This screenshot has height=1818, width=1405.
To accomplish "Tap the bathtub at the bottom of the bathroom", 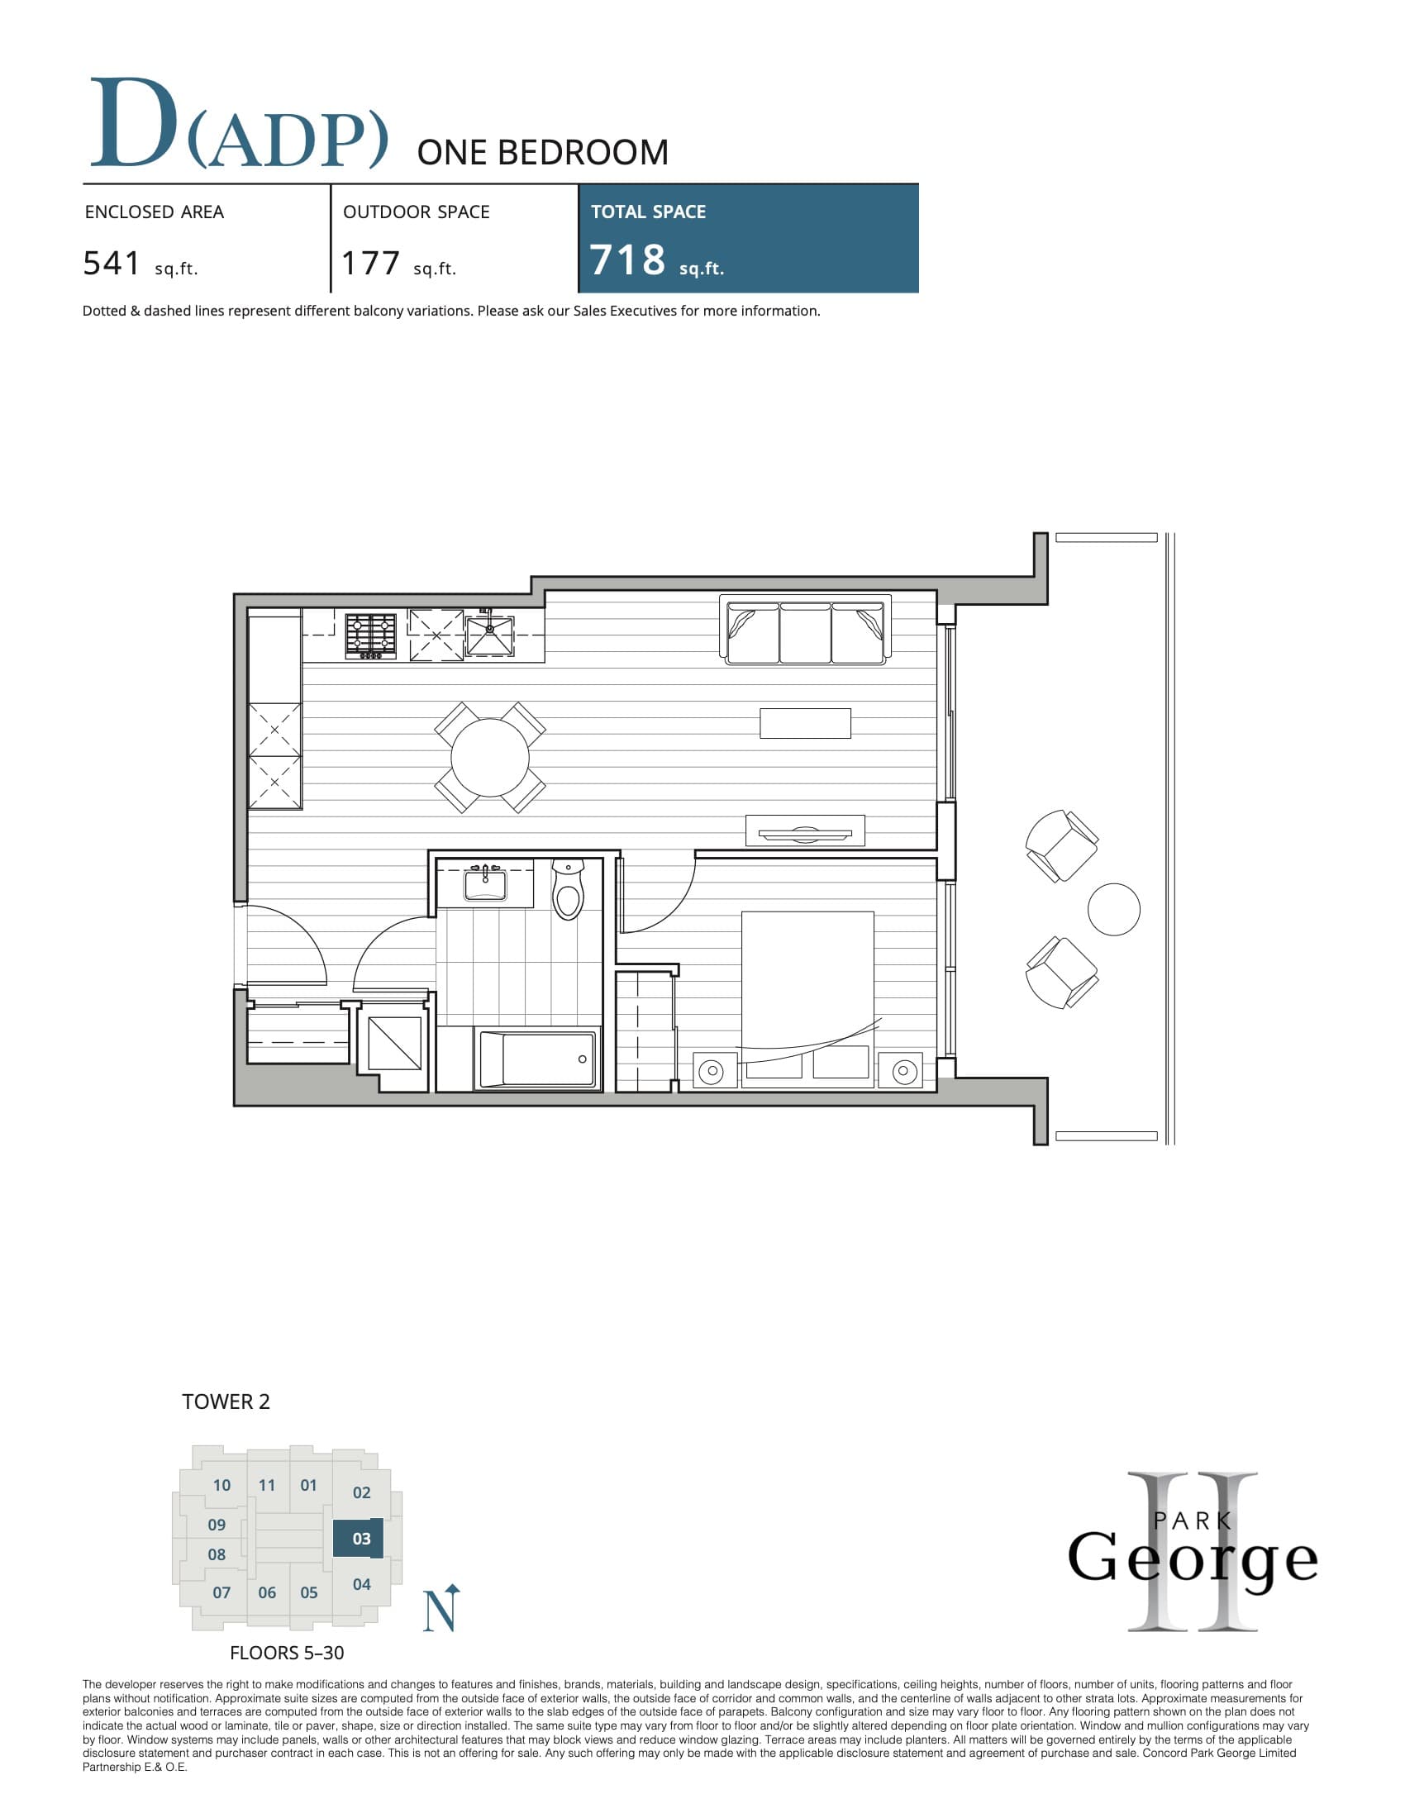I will tap(538, 1058).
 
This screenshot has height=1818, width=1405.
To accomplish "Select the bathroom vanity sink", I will tap(485, 884).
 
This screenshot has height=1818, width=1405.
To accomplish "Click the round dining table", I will tap(489, 758).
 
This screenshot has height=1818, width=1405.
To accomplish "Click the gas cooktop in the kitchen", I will tap(371, 635).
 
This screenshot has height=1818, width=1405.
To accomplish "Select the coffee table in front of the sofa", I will tap(805, 722).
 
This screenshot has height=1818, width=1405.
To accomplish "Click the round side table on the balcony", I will tap(1113, 909).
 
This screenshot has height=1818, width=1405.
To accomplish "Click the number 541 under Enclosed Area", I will tap(112, 263).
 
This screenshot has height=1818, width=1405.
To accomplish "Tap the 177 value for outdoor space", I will tap(371, 263).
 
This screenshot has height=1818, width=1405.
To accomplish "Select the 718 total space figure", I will tap(627, 259).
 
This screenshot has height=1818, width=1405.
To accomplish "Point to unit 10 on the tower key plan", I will tap(221, 1485).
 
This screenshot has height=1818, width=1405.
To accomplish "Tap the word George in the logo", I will tap(1192, 1558).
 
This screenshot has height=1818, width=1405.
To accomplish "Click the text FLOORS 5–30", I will tap(286, 1653).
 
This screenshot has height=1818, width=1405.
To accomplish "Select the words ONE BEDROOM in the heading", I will tap(542, 153).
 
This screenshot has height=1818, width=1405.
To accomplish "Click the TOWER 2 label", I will tap(226, 1402).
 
